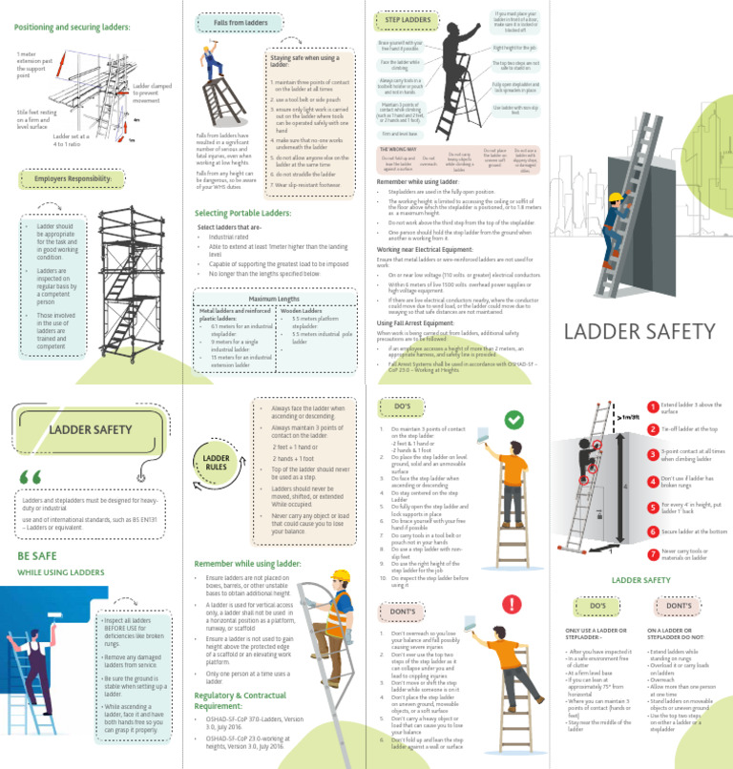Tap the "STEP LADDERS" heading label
coord(408,19)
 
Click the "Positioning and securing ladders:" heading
coord(72,27)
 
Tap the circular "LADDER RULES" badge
coord(214,463)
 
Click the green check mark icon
coord(513,420)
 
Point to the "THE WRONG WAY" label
coord(397,150)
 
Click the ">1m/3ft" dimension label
coord(629,416)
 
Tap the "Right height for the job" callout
coord(515,48)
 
